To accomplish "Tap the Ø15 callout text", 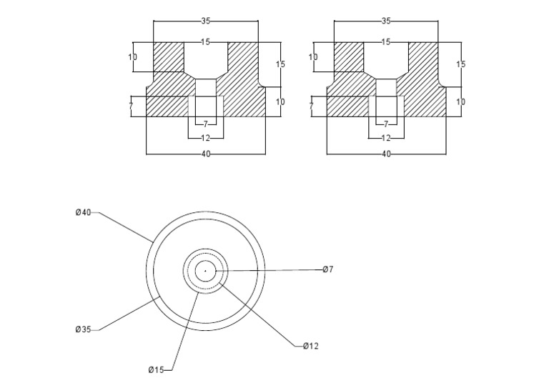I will tap(156, 369).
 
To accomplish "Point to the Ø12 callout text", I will tap(310, 346).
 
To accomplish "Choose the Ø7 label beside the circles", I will tap(327, 269).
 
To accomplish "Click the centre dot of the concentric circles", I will tap(205, 271).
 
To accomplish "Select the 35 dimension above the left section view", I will tap(206, 21).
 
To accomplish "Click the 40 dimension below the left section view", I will tap(206, 154).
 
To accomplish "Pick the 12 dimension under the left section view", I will tap(206, 138).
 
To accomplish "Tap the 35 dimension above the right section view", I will tap(386, 21).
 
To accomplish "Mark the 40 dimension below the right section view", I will tap(386, 154).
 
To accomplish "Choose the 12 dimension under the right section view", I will tap(386, 138).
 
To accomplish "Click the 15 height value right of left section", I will tap(280, 64).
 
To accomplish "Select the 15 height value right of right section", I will tap(460, 64).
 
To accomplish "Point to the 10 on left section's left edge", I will tap(133, 57).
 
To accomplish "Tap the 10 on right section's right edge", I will tap(460, 102).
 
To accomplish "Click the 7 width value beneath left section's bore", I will tap(206, 124).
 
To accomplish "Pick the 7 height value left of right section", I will tap(311, 106).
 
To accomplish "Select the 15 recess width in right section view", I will tap(386, 42).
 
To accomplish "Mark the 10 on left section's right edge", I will tap(280, 102).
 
